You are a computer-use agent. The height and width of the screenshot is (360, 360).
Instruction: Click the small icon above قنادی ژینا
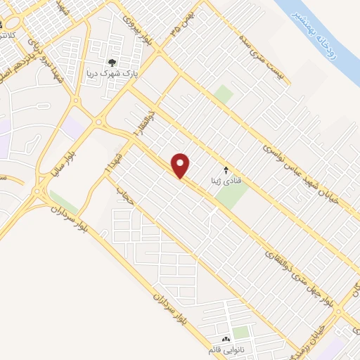click(226, 170)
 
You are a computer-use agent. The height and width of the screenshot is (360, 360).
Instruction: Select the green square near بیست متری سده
click(224, 94)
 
